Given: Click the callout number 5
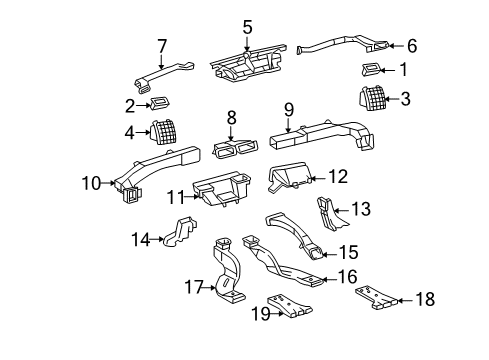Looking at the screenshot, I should pos(247,27).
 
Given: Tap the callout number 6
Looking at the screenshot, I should pos(412,44).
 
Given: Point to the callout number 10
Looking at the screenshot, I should pos(91,184).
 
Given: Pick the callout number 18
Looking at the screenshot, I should pos(424,298).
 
